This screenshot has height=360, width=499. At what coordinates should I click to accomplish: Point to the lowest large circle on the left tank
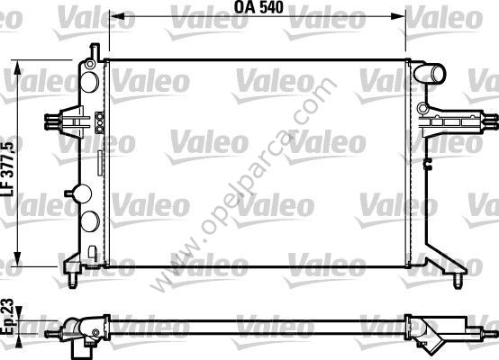pos(91,222)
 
